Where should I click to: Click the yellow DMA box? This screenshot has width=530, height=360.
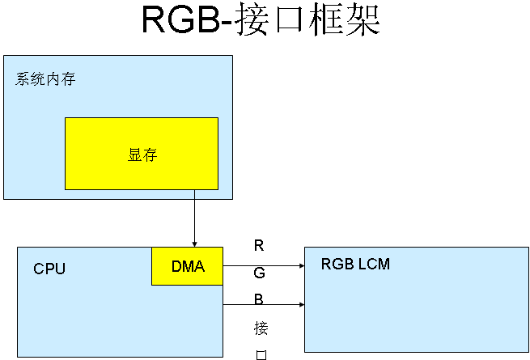tap(187, 266)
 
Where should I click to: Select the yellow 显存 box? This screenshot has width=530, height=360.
tap(142, 154)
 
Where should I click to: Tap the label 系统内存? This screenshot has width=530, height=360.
tap(46, 79)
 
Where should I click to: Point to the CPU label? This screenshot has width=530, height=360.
tap(49, 269)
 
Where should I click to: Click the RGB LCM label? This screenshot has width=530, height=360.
tap(355, 264)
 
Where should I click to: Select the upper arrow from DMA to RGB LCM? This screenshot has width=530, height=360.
tap(263, 265)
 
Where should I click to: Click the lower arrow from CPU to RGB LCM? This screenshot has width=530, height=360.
tap(263, 305)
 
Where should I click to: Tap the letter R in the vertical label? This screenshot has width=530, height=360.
tap(259, 245)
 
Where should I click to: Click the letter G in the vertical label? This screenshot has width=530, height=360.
tap(259, 273)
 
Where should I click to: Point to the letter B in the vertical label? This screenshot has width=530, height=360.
tap(259, 299)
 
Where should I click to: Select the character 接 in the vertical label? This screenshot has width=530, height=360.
tap(261, 328)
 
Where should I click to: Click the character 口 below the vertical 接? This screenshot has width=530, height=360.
tap(261, 354)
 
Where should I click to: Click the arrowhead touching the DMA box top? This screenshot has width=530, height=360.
tap(194, 243)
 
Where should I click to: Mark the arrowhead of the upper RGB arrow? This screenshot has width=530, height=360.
tap(301, 265)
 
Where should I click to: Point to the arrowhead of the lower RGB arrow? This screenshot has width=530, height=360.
tap(301, 305)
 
